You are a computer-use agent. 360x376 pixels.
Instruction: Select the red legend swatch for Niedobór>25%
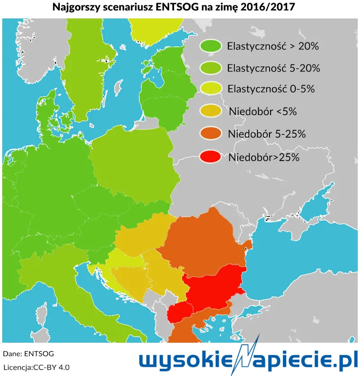(x=210, y=157)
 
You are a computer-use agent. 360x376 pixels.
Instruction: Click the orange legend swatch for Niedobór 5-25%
(x=210, y=134)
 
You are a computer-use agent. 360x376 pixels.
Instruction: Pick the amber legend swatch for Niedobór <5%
(x=210, y=111)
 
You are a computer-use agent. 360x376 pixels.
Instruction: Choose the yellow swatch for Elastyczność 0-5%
(x=210, y=89)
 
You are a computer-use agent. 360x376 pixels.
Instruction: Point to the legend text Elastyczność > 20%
(x=273, y=46)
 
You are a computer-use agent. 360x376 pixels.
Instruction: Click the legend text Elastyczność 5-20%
(x=274, y=68)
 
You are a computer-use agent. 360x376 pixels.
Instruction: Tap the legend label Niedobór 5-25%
(x=267, y=134)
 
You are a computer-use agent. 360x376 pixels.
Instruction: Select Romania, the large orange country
(x=202, y=243)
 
